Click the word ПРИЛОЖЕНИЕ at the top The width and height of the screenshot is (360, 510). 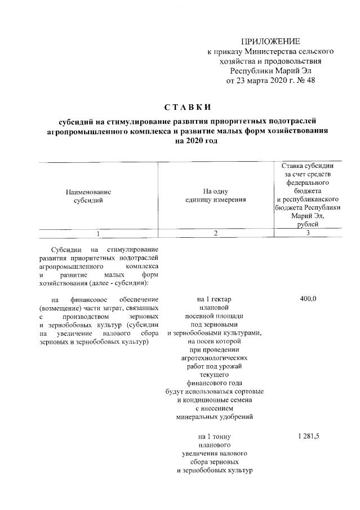(270, 41)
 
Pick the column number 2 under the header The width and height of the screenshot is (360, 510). (215, 233)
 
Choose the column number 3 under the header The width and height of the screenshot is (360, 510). (308, 233)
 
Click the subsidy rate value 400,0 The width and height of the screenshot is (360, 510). (308, 299)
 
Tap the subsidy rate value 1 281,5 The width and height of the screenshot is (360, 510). (308, 436)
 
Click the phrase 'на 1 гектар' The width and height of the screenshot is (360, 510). (215, 299)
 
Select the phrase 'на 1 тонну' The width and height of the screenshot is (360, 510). (215, 436)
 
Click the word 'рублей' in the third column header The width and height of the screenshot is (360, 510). (308, 224)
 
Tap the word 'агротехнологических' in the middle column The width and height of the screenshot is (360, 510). (215, 358)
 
